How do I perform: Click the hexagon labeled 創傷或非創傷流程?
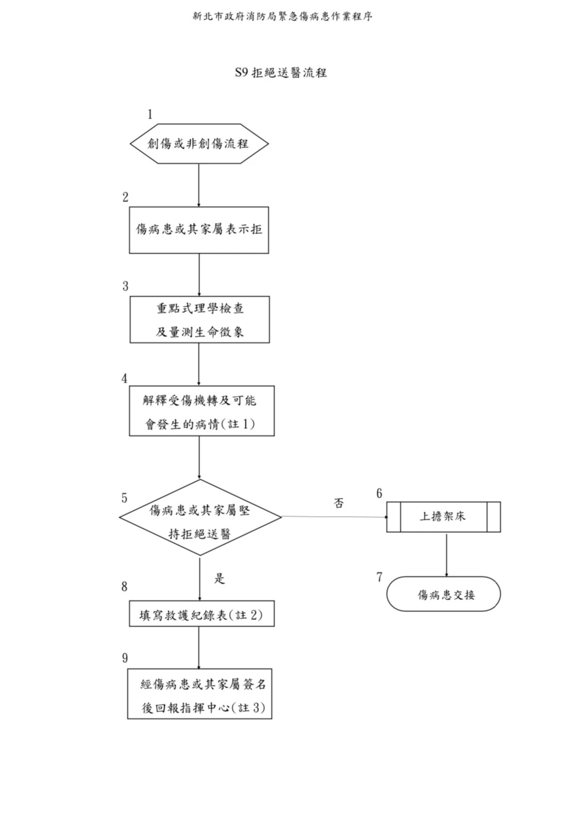tap(199, 143)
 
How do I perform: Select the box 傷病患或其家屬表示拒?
tap(199, 229)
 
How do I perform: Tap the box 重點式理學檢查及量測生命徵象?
tap(199, 320)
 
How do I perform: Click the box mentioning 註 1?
tap(201, 411)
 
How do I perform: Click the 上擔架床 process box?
tap(443, 516)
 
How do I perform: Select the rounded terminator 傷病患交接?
tap(444, 594)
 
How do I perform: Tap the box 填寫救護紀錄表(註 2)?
tap(201, 614)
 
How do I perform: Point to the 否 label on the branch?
tap(339, 503)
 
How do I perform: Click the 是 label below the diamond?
tap(220, 578)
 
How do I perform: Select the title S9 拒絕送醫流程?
tap(281, 73)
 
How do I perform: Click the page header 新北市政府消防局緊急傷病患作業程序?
tap(283, 17)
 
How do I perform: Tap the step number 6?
tap(379, 494)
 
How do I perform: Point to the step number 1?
tap(150, 114)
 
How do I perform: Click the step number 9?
tap(125, 658)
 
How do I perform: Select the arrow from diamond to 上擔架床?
tap(334, 517)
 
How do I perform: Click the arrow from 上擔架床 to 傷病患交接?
tap(446, 554)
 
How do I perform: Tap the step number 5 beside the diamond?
tap(124, 498)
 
